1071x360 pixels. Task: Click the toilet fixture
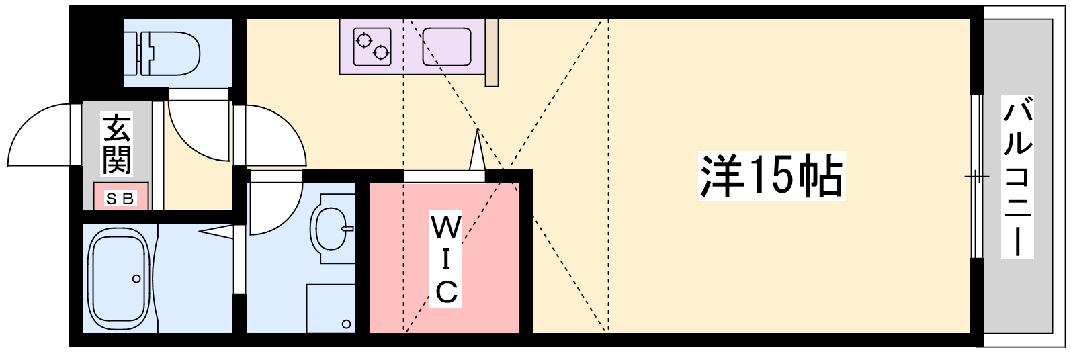point(168,54)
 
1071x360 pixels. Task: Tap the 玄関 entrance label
point(116,144)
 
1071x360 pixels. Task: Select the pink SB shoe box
point(120,198)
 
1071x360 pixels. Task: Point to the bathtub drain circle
point(136,279)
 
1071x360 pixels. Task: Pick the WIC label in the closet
point(446,259)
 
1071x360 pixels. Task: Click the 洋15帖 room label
point(771,176)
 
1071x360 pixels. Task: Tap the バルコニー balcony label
point(1017,177)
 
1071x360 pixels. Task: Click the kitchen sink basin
point(446,46)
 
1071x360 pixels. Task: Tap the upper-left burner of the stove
point(364,40)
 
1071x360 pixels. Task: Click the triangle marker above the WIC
point(477,151)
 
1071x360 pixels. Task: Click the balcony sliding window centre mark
point(976,177)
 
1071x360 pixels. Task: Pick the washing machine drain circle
point(346,324)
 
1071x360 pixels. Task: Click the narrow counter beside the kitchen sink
point(492,52)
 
